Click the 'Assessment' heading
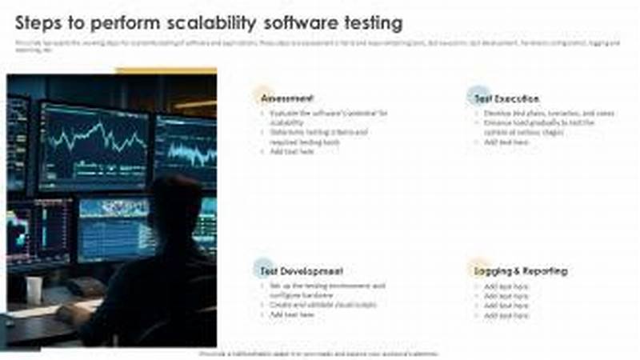coord(287,98)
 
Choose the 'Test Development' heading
coord(302,271)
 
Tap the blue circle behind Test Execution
coord(478,94)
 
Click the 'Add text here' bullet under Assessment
coord(291,151)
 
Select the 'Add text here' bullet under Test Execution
coord(506,142)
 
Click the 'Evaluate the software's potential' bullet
coord(328,114)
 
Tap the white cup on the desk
coord(34,289)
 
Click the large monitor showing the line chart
coord(94,144)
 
